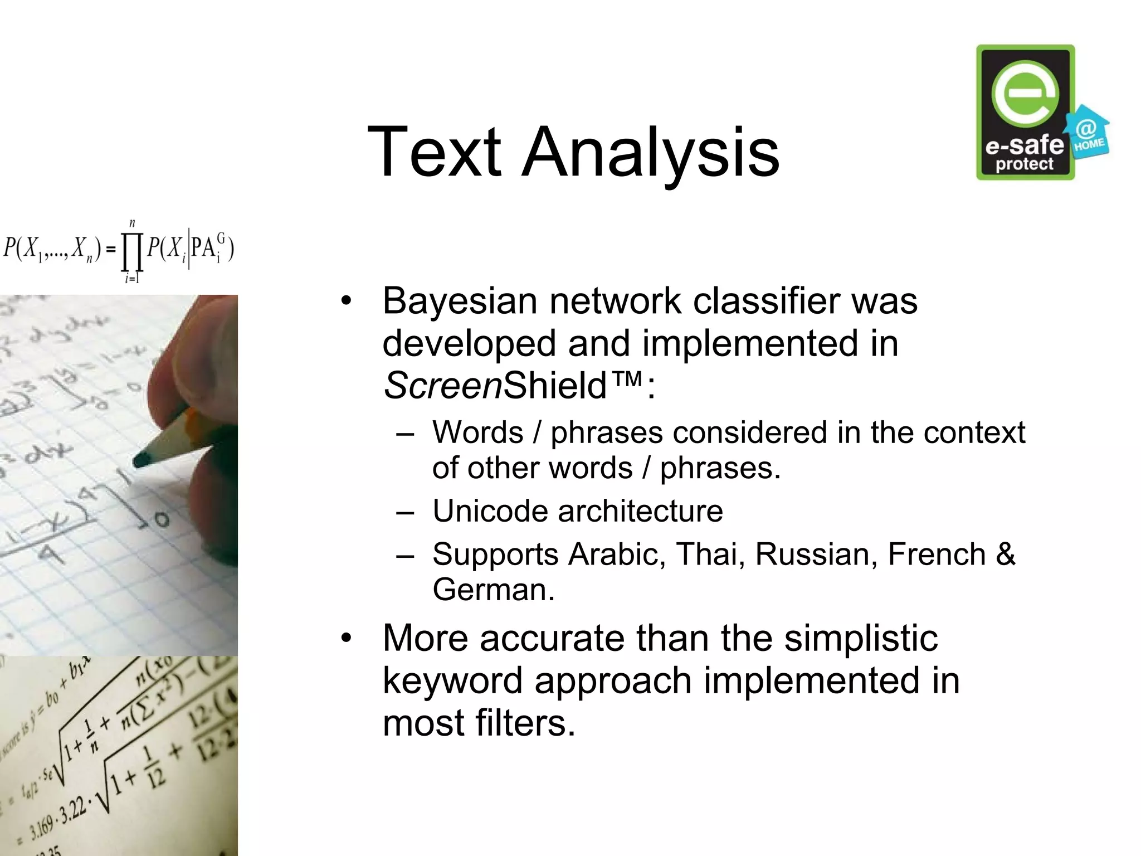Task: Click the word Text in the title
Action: pos(434,152)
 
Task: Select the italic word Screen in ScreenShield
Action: pos(443,386)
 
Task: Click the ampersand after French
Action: pos(1005,554)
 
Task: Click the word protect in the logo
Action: pos(1024,164)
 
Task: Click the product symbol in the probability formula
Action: pos(133,252)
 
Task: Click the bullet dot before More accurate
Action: pos(347,638)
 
